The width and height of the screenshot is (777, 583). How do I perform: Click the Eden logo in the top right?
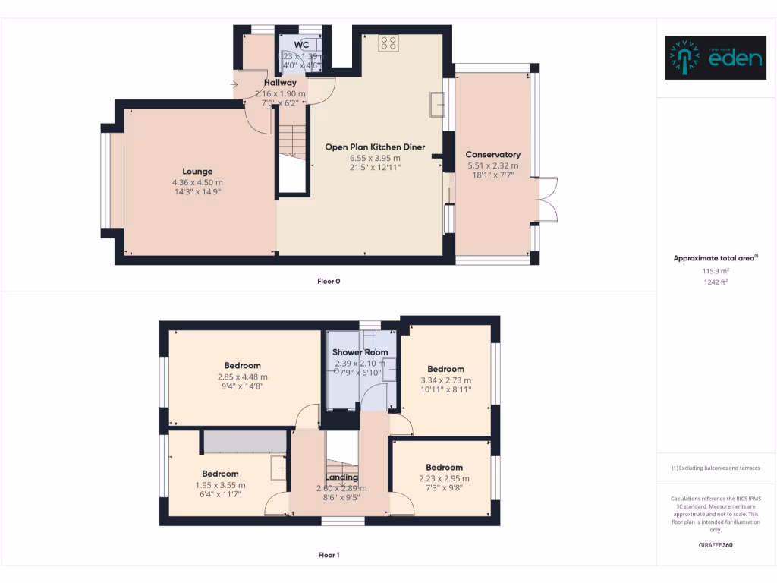tap(716, 58)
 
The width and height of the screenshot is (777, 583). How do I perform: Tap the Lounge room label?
tap(197, 172)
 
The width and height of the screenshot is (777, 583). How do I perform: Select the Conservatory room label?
tap(492, 155)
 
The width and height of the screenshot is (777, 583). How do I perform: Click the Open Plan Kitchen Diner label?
tap(375, 147)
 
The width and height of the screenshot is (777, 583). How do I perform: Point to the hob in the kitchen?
tap(388, 43)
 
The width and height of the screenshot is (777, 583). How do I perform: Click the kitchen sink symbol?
tap(436, 105)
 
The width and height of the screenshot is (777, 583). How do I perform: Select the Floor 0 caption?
tap(329, 281)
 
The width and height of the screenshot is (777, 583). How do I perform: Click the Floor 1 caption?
tap(329, 555)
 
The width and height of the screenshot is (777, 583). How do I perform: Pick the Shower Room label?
tap(360, 352)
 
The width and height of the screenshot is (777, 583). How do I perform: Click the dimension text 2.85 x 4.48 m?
tap(242, 377)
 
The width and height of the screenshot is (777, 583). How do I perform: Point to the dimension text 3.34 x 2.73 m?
tap(445, 380)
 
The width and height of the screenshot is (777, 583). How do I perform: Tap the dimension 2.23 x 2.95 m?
tap(444, 478)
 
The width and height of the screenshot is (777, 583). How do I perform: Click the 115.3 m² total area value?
tap(716, 270)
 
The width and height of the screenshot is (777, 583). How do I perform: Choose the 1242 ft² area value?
tap(716, 282)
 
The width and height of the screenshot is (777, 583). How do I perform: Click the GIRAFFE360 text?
tap(716, 544)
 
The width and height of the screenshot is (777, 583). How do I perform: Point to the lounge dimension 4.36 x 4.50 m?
tap(197, 182)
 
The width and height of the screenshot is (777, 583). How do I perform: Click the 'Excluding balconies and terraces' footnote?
tap(716, 468)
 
